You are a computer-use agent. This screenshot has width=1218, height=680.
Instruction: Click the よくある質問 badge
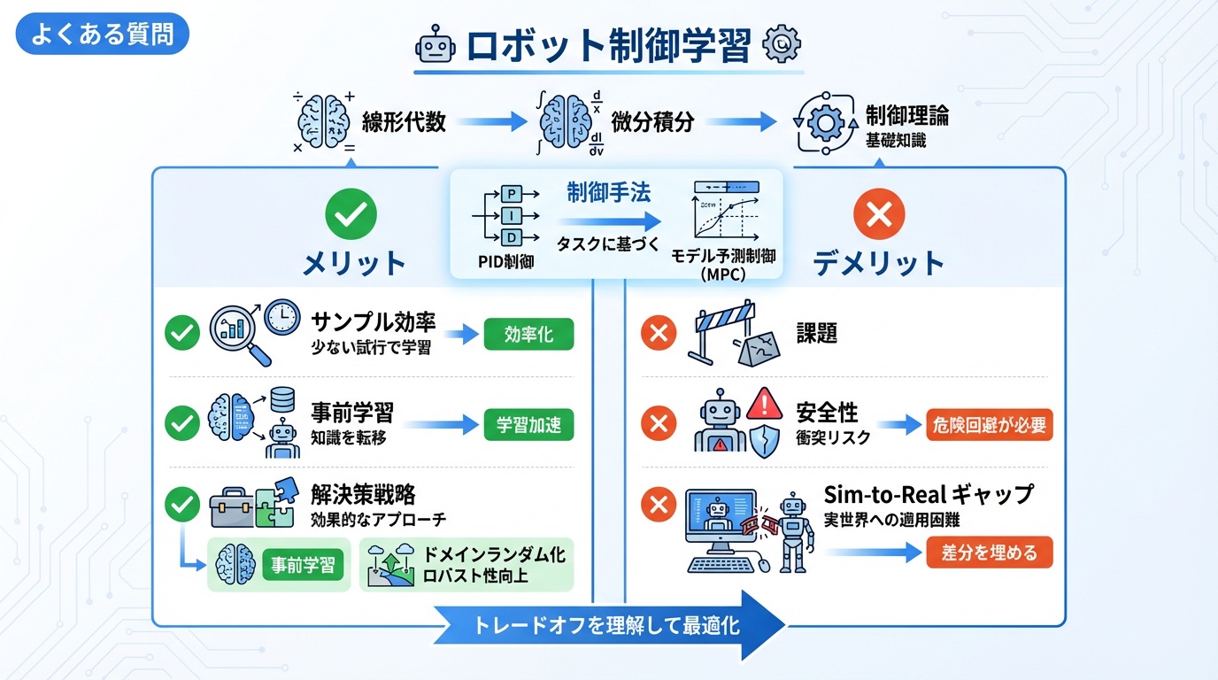(x=103, y=35)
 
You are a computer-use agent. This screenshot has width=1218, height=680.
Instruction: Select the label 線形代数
(x=404, y=121)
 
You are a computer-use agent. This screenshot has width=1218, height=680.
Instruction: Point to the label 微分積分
(x=653, y=121)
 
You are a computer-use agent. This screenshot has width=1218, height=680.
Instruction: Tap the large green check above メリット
(x=351, y=213)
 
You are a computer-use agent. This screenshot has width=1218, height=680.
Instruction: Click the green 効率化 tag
(x=528, y=335)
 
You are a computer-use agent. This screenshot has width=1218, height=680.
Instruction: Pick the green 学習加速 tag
(x=528, y=424)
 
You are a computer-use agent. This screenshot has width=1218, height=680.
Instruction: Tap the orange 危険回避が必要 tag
(x=990, y=424)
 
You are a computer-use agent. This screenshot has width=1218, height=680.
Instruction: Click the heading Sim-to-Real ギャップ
(x=929, y=493)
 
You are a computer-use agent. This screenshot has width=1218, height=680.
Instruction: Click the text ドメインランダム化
(x=495, y=555)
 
